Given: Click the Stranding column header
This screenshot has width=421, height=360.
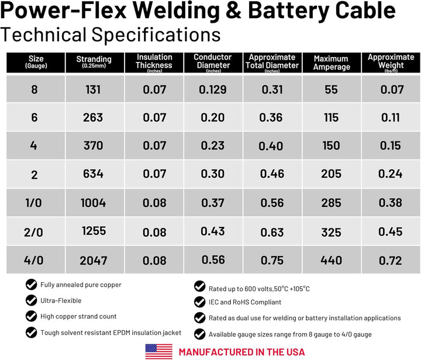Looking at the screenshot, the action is [94, 62].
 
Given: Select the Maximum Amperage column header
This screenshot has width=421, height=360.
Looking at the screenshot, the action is [332, 63].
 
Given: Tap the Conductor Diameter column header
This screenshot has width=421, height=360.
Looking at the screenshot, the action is [213, 63].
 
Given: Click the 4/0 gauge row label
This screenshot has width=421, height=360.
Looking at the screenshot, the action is [33, 260].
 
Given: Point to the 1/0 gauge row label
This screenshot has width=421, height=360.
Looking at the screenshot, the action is [33, 203].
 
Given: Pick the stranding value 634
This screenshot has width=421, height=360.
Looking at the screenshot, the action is [93, 174].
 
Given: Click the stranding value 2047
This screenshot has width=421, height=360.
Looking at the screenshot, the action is [94, 261].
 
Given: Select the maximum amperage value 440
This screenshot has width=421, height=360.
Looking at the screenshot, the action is [332, 260].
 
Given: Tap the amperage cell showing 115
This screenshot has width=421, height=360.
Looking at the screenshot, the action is [332, 117].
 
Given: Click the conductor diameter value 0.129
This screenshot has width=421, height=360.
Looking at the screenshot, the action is [213, 89].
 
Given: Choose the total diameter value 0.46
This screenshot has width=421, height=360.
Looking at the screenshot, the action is [272, 174].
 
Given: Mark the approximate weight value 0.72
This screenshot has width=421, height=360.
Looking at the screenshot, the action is [391, 261].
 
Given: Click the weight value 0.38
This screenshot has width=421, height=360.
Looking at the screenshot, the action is [391, 203].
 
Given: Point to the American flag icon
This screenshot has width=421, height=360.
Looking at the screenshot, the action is [159, 352].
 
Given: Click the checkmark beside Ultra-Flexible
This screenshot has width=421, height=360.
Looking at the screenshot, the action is [31, 300].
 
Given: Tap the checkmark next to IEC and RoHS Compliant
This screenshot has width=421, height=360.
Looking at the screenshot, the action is [200, 302].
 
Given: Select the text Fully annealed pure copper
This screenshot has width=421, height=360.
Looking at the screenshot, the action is [81, 285].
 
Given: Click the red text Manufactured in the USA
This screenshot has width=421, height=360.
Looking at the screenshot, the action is [242, 352].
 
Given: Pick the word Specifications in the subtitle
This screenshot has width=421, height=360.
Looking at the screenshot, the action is [156, 35].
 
